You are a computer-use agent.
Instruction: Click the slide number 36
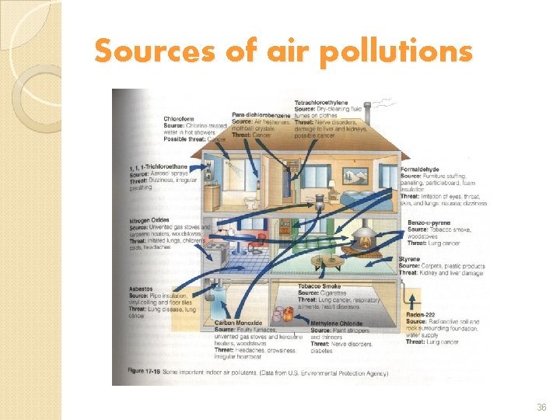point(542,406)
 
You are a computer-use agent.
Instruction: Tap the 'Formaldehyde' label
point(421,169)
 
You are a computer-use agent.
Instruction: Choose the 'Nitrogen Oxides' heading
point(149,220)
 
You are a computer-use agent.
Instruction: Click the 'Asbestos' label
point(142,289)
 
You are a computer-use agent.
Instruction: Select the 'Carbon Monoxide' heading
point(238,322)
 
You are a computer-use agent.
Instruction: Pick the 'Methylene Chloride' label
point(337,322)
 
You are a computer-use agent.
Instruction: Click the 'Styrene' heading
point(409,259)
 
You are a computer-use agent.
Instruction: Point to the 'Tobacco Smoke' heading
point(319,286)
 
